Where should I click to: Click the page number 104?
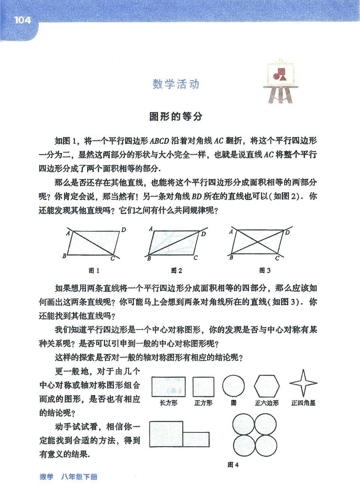point(23,20)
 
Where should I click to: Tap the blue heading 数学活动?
point(176,84)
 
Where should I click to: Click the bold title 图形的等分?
point(176,116)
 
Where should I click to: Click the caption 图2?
point(176,270)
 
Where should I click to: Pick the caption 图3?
point(265,270)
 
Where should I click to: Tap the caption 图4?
point(233,465)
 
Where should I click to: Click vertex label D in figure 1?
point(123,230)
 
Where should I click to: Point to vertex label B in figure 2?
point(149,259)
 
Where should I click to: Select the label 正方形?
point(203,403)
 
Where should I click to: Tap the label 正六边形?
point(267,403)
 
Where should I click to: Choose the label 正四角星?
point(303,403)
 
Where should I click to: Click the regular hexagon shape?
point(267,386)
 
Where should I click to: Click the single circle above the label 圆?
point(234,386)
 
